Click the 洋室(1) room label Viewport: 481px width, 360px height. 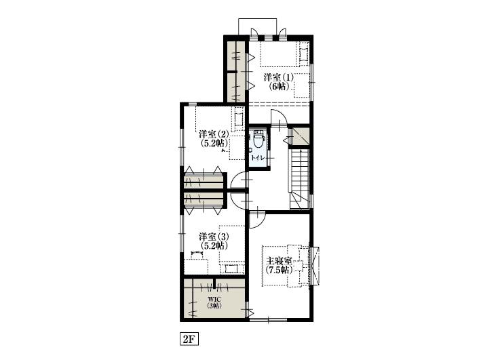click(x=278, y=77)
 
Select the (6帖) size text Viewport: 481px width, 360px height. click(x=278, y=86)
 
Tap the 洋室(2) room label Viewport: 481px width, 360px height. click(x=213, y=134)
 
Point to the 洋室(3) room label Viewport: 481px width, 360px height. click(x=213, y=237)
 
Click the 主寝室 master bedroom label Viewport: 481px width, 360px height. click(x=279, y=260)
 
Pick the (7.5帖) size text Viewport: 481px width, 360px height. click(x=279, y=270)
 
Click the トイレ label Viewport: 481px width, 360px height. click(x=258, y=158)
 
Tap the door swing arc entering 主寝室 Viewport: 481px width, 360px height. click(x=258, y=218)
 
